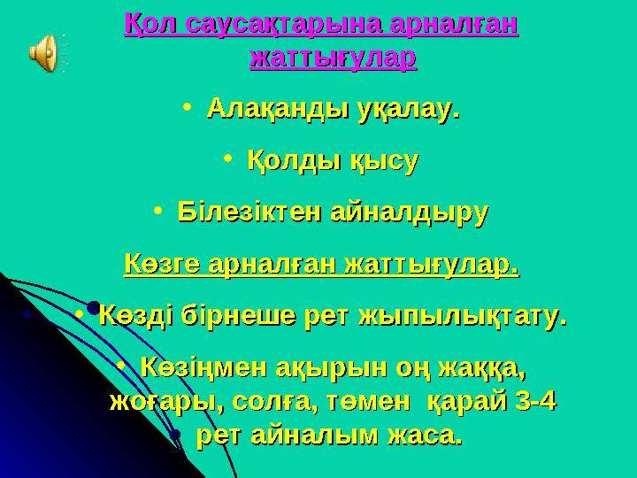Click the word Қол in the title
point(151,24)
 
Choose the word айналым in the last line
point(300,436)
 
